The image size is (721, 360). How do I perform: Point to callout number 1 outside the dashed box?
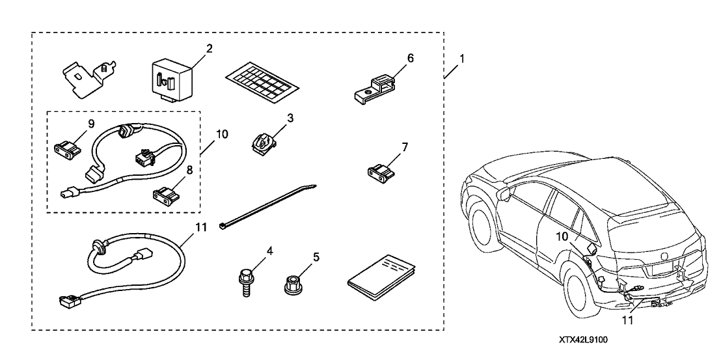(461, 59)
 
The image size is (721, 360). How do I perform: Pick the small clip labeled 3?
(263, 140)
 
